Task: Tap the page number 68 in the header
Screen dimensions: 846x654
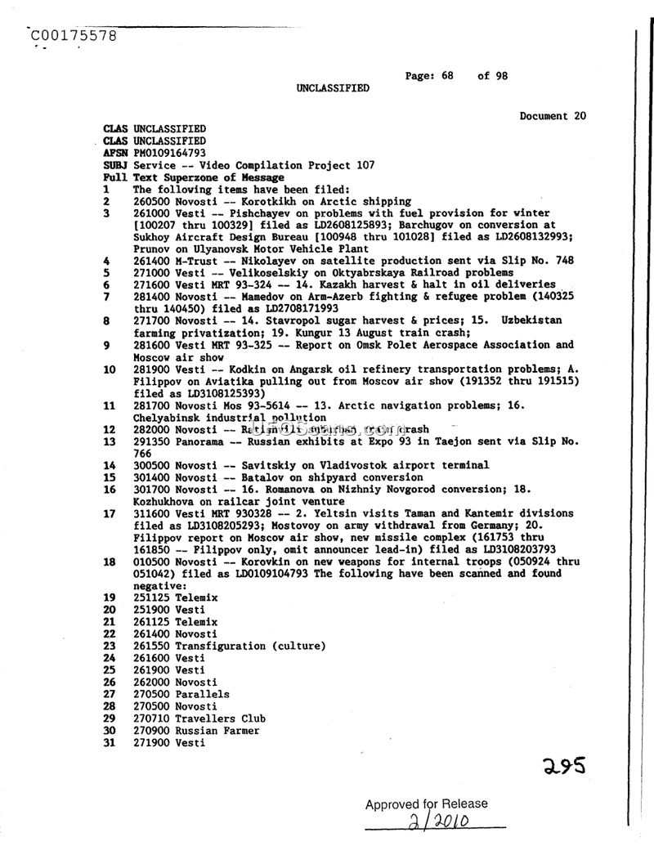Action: (x=446, y=76)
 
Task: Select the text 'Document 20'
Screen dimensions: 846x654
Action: (x=553, y=116)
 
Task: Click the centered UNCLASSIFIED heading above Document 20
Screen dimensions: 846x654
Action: (x=333, y=88)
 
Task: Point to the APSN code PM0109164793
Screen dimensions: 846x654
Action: (x=170, y=153)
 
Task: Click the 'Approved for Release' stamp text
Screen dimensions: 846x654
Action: (x=426, y=804)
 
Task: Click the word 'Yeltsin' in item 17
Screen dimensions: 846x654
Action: (x=293, y=514)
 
